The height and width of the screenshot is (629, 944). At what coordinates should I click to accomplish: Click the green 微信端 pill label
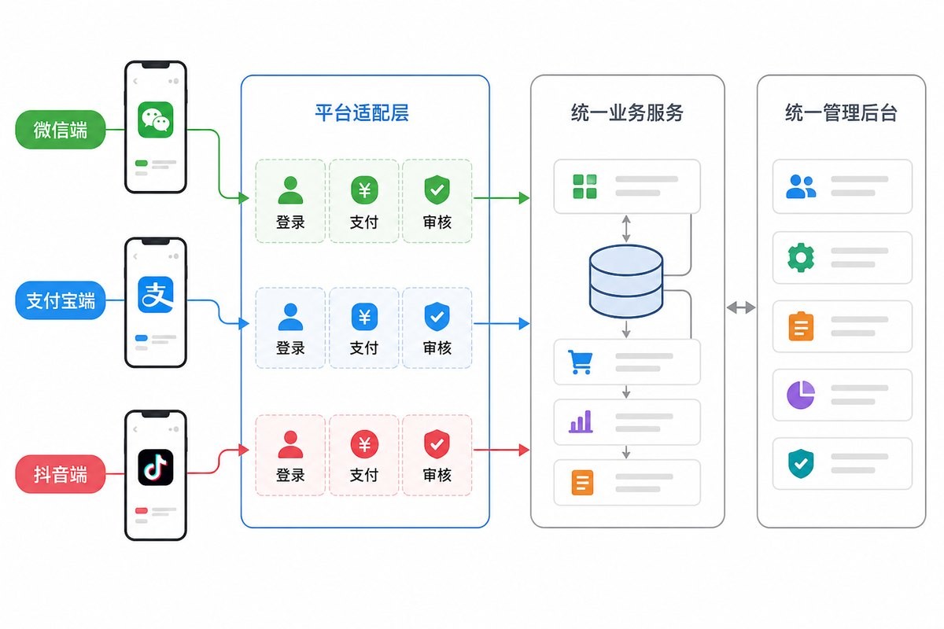click(61, 130)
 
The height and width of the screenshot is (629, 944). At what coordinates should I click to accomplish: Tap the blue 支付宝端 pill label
click(61, 300)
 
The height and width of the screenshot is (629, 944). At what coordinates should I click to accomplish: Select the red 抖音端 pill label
click(61, 474)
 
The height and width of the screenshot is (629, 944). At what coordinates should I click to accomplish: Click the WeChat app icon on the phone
click(156, 120)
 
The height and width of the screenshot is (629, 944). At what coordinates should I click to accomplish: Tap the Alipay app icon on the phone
click(156, 295)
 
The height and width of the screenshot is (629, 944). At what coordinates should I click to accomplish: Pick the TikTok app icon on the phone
click(156, 467)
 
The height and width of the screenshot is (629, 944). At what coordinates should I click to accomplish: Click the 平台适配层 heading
click(362, 113)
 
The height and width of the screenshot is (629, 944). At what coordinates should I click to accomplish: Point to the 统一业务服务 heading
click(627, 113)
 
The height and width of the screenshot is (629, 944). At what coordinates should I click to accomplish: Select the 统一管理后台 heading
click(841, 113)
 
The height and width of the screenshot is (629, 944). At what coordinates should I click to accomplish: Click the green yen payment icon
click(364, 190)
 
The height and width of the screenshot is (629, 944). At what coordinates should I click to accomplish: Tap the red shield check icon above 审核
click(437, 444)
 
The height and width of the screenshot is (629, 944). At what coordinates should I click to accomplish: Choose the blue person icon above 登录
click(290, 317)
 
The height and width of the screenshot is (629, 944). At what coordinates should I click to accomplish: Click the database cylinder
click(626, 281)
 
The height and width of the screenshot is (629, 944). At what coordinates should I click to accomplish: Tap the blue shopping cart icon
click(581, 362)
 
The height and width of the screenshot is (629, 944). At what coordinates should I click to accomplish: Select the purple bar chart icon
click(581, 421)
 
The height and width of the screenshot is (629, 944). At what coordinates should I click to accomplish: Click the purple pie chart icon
click(801, 395)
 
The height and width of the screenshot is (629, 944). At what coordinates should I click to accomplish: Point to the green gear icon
click(801, 257)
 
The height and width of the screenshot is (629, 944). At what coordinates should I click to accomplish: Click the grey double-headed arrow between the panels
click(741, 307)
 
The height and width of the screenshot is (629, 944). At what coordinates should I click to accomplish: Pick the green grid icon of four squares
click(585, 186)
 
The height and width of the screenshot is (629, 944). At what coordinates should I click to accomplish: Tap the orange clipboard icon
click(801, 326)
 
